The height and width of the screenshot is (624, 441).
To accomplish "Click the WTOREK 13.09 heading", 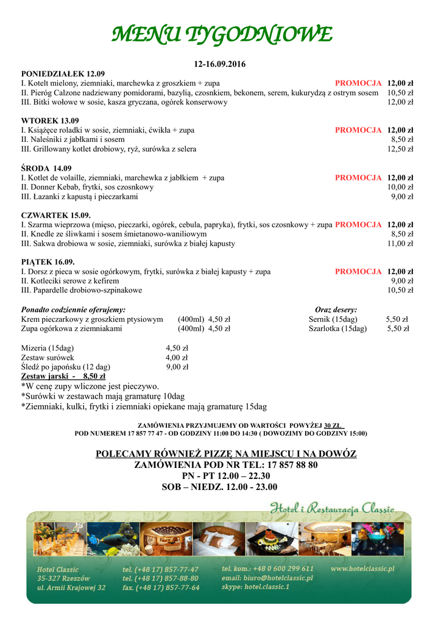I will (50, 121).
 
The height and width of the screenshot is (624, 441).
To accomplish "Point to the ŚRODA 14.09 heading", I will (46, 168).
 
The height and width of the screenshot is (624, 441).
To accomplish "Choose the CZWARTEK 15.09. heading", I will (55, 215).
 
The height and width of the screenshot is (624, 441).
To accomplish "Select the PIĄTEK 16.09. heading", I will (48, 262).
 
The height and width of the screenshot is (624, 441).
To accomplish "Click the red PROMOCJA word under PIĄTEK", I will (358, 272).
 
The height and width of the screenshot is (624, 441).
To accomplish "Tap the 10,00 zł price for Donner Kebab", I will (400, 187).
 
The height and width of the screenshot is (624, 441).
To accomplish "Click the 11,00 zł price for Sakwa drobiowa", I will (400, 244).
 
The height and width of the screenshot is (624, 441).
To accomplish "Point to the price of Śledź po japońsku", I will (177, 367).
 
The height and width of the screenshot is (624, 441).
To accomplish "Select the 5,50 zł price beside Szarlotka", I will (398, 328).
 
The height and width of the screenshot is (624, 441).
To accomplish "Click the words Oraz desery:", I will (336, 310).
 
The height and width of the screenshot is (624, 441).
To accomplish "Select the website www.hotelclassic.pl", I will (362, 569).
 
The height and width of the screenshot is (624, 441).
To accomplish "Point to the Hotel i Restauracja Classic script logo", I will (332, 508).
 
